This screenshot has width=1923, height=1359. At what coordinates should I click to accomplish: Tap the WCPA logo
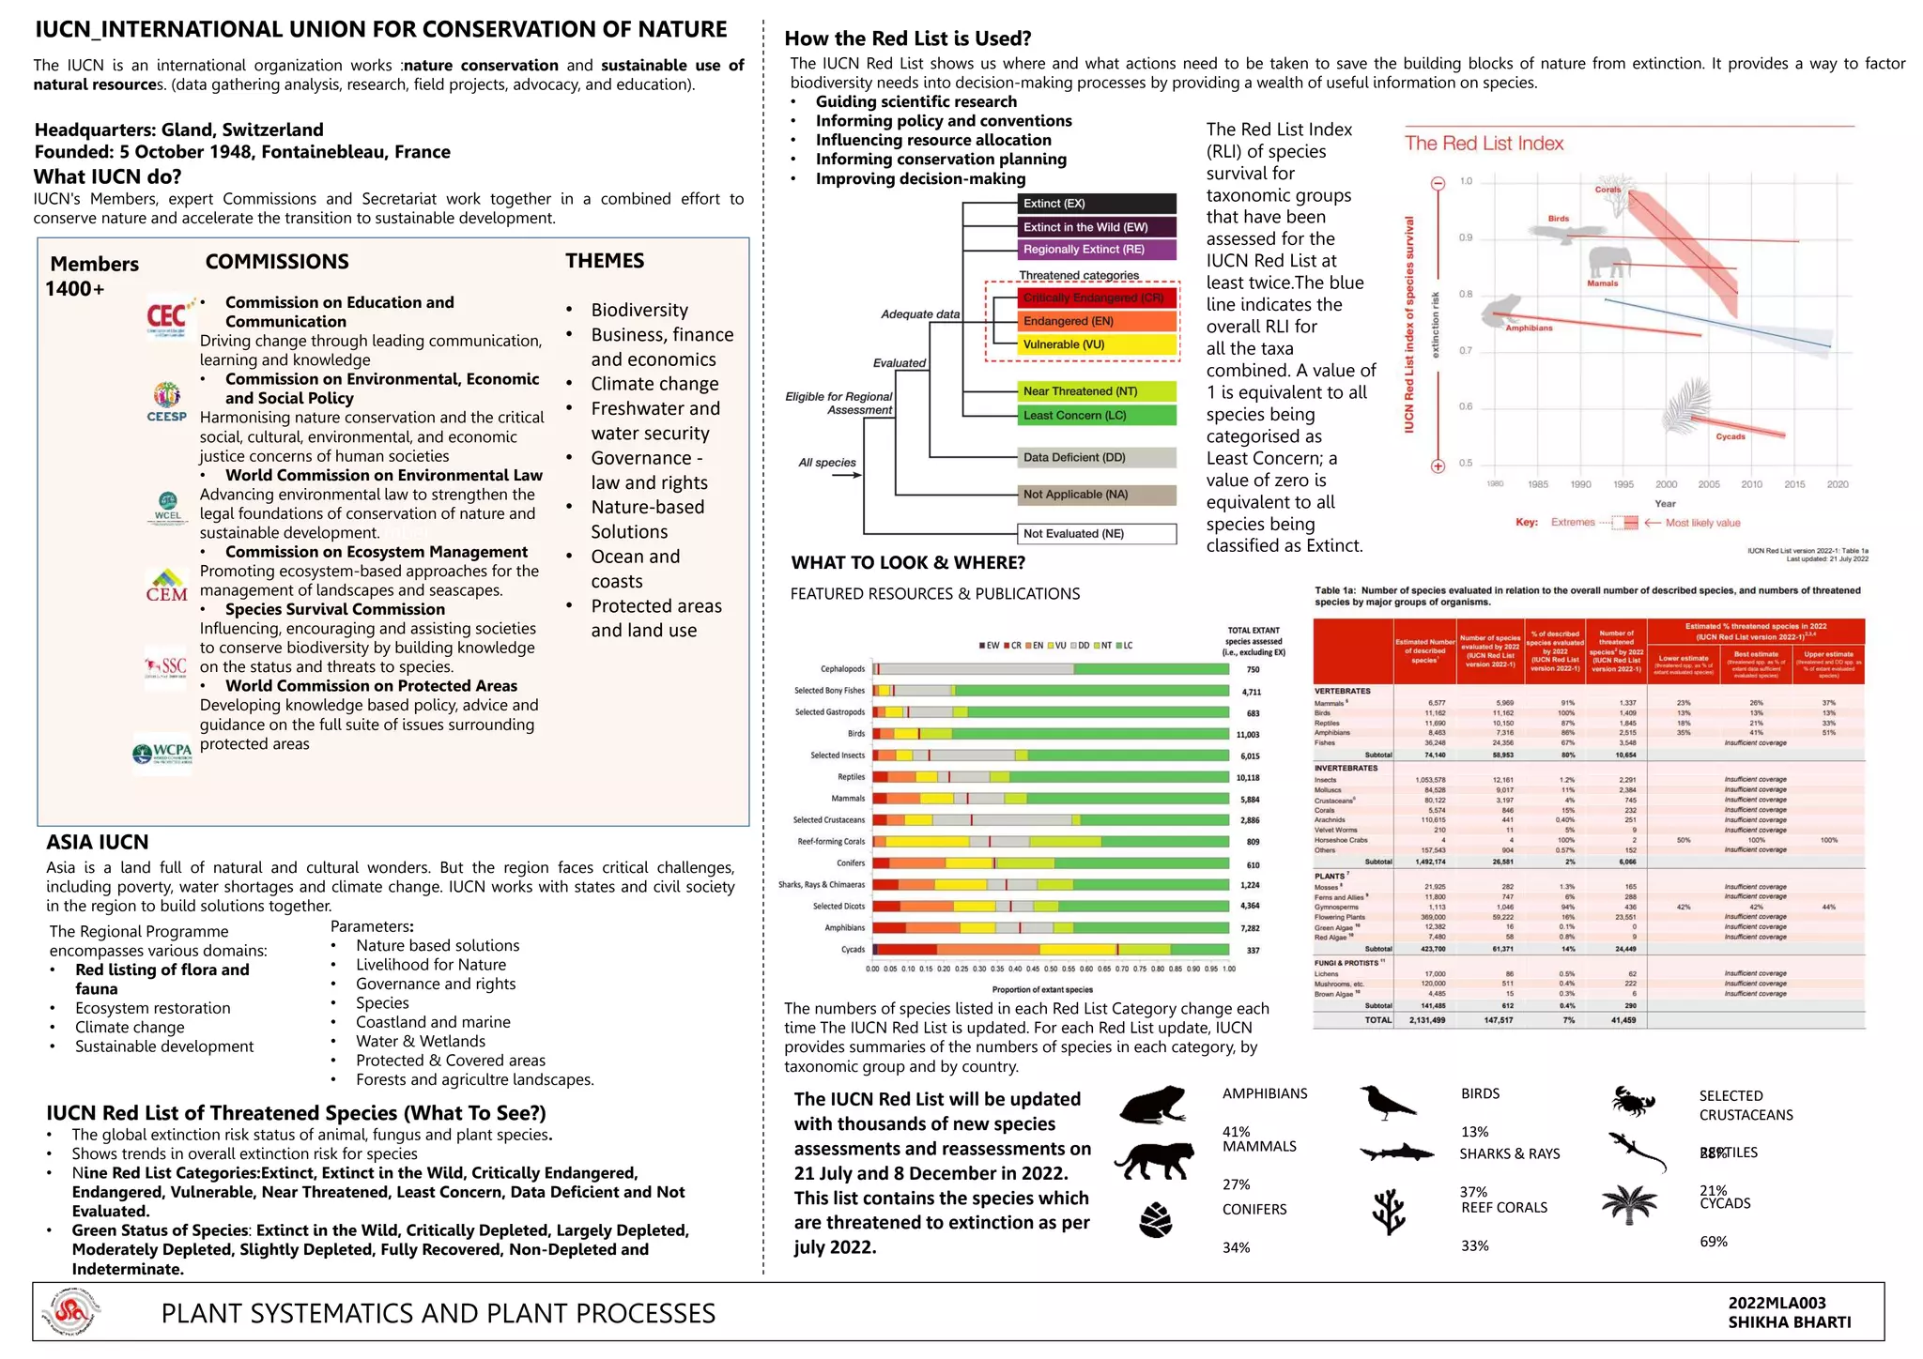[162, 752]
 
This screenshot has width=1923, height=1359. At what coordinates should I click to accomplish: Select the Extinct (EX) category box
[1097, 204]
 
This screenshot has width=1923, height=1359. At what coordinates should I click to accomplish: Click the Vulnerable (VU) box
[1097, 344]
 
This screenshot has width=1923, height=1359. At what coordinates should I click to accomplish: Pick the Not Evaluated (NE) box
[1097, 534]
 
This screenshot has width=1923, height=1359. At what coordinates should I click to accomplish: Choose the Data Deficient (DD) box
[1097, 458]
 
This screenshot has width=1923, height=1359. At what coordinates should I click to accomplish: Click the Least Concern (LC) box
[1097, 416]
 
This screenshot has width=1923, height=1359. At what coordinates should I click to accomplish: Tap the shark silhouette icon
[1396, 1153]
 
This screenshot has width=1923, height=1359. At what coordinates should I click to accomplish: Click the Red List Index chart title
[1484, 144]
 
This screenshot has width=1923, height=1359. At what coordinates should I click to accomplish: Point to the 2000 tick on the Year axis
[1666, 484]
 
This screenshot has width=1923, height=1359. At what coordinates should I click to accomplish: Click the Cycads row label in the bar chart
[853, 950]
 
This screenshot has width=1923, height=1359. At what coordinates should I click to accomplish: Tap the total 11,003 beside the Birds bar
[1248, 735]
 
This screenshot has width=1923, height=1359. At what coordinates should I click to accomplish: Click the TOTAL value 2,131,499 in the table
[1426, 1019]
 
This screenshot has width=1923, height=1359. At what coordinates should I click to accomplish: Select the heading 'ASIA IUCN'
[98, 842]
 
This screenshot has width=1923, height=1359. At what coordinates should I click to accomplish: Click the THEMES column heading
[605, 261]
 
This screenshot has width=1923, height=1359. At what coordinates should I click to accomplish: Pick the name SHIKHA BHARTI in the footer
[1789, 1322]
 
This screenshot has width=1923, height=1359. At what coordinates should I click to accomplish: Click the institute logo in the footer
[75, 1312]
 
